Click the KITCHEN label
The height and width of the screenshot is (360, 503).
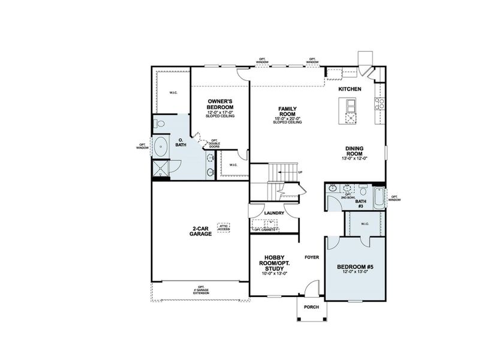[x=350, y=89]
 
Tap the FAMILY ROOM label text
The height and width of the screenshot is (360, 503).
[x=288, y=112]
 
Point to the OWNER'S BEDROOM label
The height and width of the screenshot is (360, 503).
[x=220, y=104]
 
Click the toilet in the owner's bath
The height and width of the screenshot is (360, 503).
[x=159, y=124]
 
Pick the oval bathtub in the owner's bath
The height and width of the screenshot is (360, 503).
[x=161, y=146]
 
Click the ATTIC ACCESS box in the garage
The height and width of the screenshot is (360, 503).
[x=223, y=227]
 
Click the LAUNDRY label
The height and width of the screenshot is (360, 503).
[x=273, y=212]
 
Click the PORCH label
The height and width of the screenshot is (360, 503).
[x=311, y=307]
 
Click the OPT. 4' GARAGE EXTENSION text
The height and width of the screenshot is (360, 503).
[x=200, y=289]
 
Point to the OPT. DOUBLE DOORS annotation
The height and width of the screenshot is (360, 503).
[x=214, y=143]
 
